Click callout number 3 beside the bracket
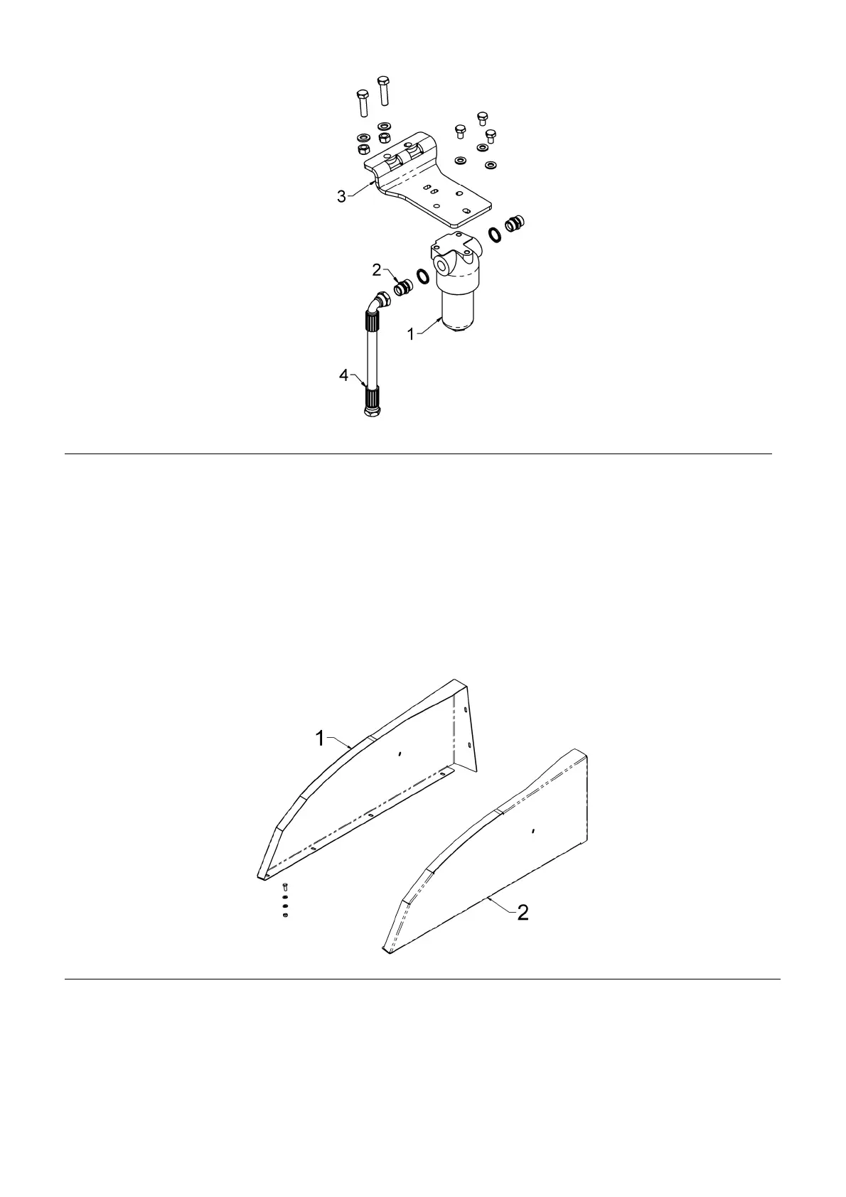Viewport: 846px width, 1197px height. pyautogui.click(x=341, y=196)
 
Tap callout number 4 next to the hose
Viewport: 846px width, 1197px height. pyautogui.click(x=344, y=375)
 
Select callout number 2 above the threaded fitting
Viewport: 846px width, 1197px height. pyautogui.click(x=378, y=270)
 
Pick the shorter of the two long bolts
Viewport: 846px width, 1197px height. pyautogui.click(x=362, y=103)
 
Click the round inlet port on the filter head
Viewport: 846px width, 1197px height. pyautogui.click(x=443, y=267)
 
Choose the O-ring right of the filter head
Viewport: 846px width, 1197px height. pyautogui.click(x=493, y=234)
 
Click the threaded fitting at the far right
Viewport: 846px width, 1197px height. pyautogui.click(x=513, y=224)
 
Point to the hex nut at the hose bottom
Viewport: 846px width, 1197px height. pyautogui.click(x=371, y=412)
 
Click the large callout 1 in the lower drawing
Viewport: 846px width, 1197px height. pyautogui.click(x=320, y=739)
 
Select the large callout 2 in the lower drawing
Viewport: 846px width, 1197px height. pyautogui.click(x=523, y=913)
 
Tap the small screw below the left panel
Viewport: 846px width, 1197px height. pyautogui.click(x=285, y=886)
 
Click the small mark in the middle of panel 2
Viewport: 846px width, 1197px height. pyautogui.click(x=533, y=830)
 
